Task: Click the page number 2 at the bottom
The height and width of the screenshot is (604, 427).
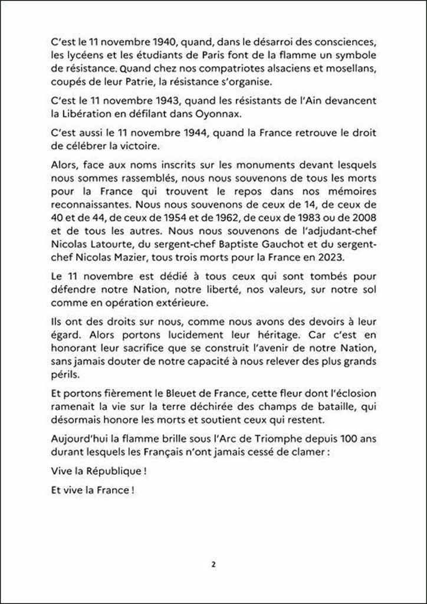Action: pyautogui.click(x=213, y=564)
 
